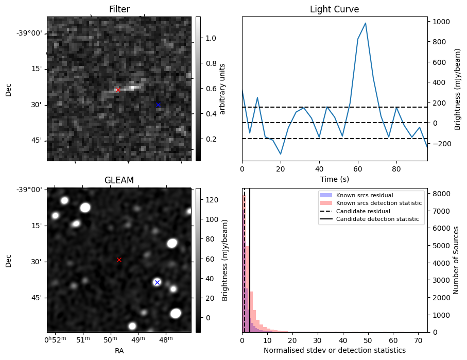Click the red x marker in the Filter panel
(118, 90)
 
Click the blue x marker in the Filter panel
(158, 105)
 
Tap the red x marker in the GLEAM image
(119, 260)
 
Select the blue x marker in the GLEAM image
(157, 282)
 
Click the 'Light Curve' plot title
(334, 9)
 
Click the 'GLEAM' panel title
(119, 180)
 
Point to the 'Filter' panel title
(119, 9)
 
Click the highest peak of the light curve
(365, 23)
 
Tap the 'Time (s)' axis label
(334, 179)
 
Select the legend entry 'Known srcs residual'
(364, 195)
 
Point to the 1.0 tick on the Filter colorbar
(211, 38)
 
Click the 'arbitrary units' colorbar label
(223, 89)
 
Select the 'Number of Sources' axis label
(456, 260)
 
